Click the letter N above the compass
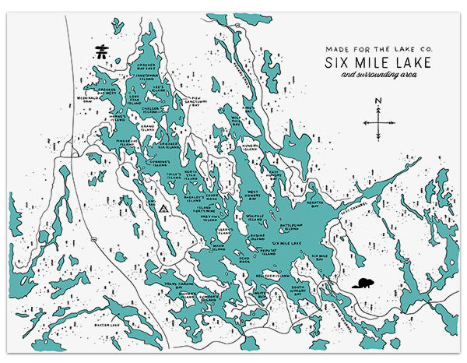tap(377, 100)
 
